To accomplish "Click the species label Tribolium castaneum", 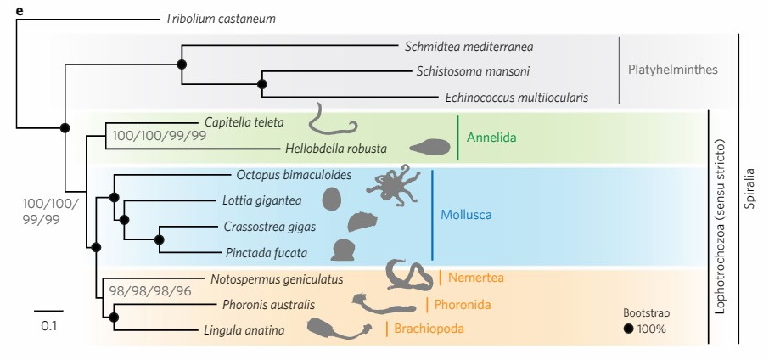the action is (220, 20).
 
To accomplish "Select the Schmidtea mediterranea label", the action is (469, 47).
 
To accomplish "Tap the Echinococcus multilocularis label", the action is (516, 97).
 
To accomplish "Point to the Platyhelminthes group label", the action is (672, 70).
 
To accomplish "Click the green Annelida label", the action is (491, 138).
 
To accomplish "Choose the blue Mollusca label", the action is (466, 215).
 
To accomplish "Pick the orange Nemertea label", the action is (475, 278).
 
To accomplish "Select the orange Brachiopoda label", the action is (429, 328).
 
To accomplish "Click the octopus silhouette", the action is (393, 184).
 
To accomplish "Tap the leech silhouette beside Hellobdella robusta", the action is (430, 147).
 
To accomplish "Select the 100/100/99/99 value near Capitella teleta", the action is (159, 135).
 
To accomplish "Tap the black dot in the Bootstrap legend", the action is (628, 329).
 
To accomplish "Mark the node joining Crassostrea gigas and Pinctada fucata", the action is (159, 239).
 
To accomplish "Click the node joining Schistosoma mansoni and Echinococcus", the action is (262, 84).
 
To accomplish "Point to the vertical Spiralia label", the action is (749, 188).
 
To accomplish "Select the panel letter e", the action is (20, 11).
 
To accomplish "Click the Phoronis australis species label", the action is (268, 305).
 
